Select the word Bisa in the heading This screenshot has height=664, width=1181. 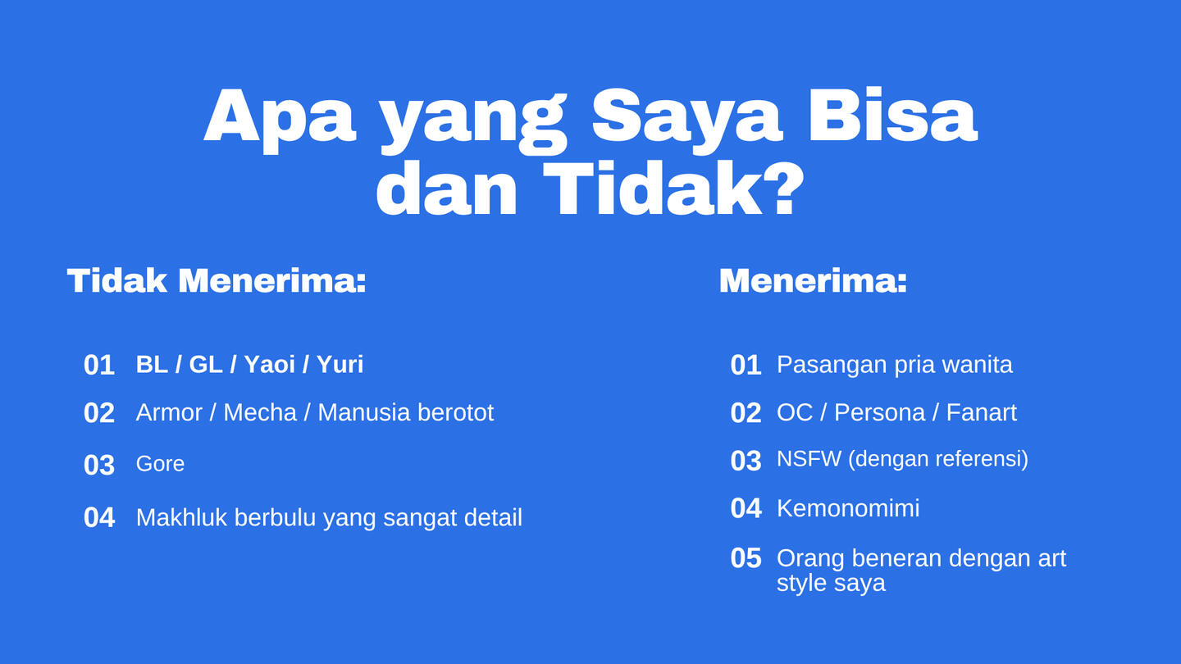pyautogui.click(x=893, y=116)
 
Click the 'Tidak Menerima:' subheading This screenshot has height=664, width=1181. pyautogui.click(x=217, y=280)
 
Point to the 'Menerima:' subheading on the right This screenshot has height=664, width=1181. pyautogui.click(x=813, y=280)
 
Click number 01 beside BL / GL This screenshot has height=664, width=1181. pyautogui.click(x=99, y=365)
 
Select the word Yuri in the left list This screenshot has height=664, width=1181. pyautogui.click(x=340, y=364)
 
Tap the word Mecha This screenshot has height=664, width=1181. pyautogui.click(x=260, y=412)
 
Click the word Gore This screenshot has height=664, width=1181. pyautogui.click(x=160, y=464)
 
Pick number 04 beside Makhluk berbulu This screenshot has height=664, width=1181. pyautogui.click(x=99, y=517)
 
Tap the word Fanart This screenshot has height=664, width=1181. pyautogui.click(x=981, y=412)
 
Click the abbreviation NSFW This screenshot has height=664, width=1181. pyautogui.click(x=809, y=458)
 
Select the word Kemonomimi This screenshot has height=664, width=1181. pyautogui.click(x=848, y=508)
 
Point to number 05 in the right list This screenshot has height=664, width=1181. pyautogui.click(x=746, y=558)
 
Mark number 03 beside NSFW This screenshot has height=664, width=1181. pyautogui.click(x=746, y=461)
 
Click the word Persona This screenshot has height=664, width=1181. pyautogui.click(x=879, y=412)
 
